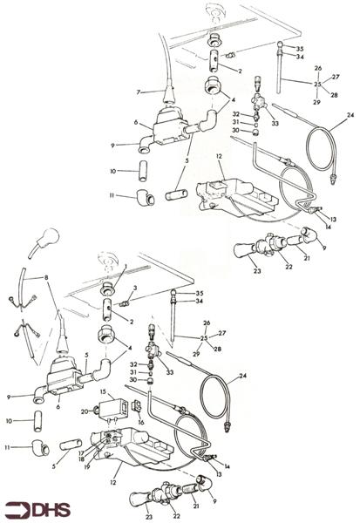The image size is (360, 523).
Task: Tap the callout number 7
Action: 139,92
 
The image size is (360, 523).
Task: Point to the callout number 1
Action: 125,266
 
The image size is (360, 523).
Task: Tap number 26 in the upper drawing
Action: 317,68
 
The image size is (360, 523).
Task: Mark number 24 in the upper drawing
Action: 350,114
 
